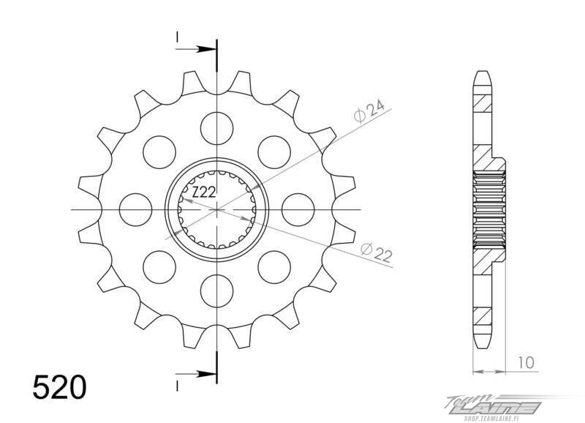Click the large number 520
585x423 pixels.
pos(60,387)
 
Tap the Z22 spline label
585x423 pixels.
pos(204,192)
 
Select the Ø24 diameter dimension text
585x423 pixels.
pos(369,111)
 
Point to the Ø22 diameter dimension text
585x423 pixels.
pos(377,252)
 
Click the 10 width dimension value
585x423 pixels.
pos(526,362)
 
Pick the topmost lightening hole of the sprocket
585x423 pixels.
pos(216,128)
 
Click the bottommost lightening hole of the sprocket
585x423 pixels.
pos(216,291)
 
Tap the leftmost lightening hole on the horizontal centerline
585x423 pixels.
pos(135,209)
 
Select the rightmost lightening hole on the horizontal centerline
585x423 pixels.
pos(298,209)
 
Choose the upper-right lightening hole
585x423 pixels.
pos(274,152)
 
